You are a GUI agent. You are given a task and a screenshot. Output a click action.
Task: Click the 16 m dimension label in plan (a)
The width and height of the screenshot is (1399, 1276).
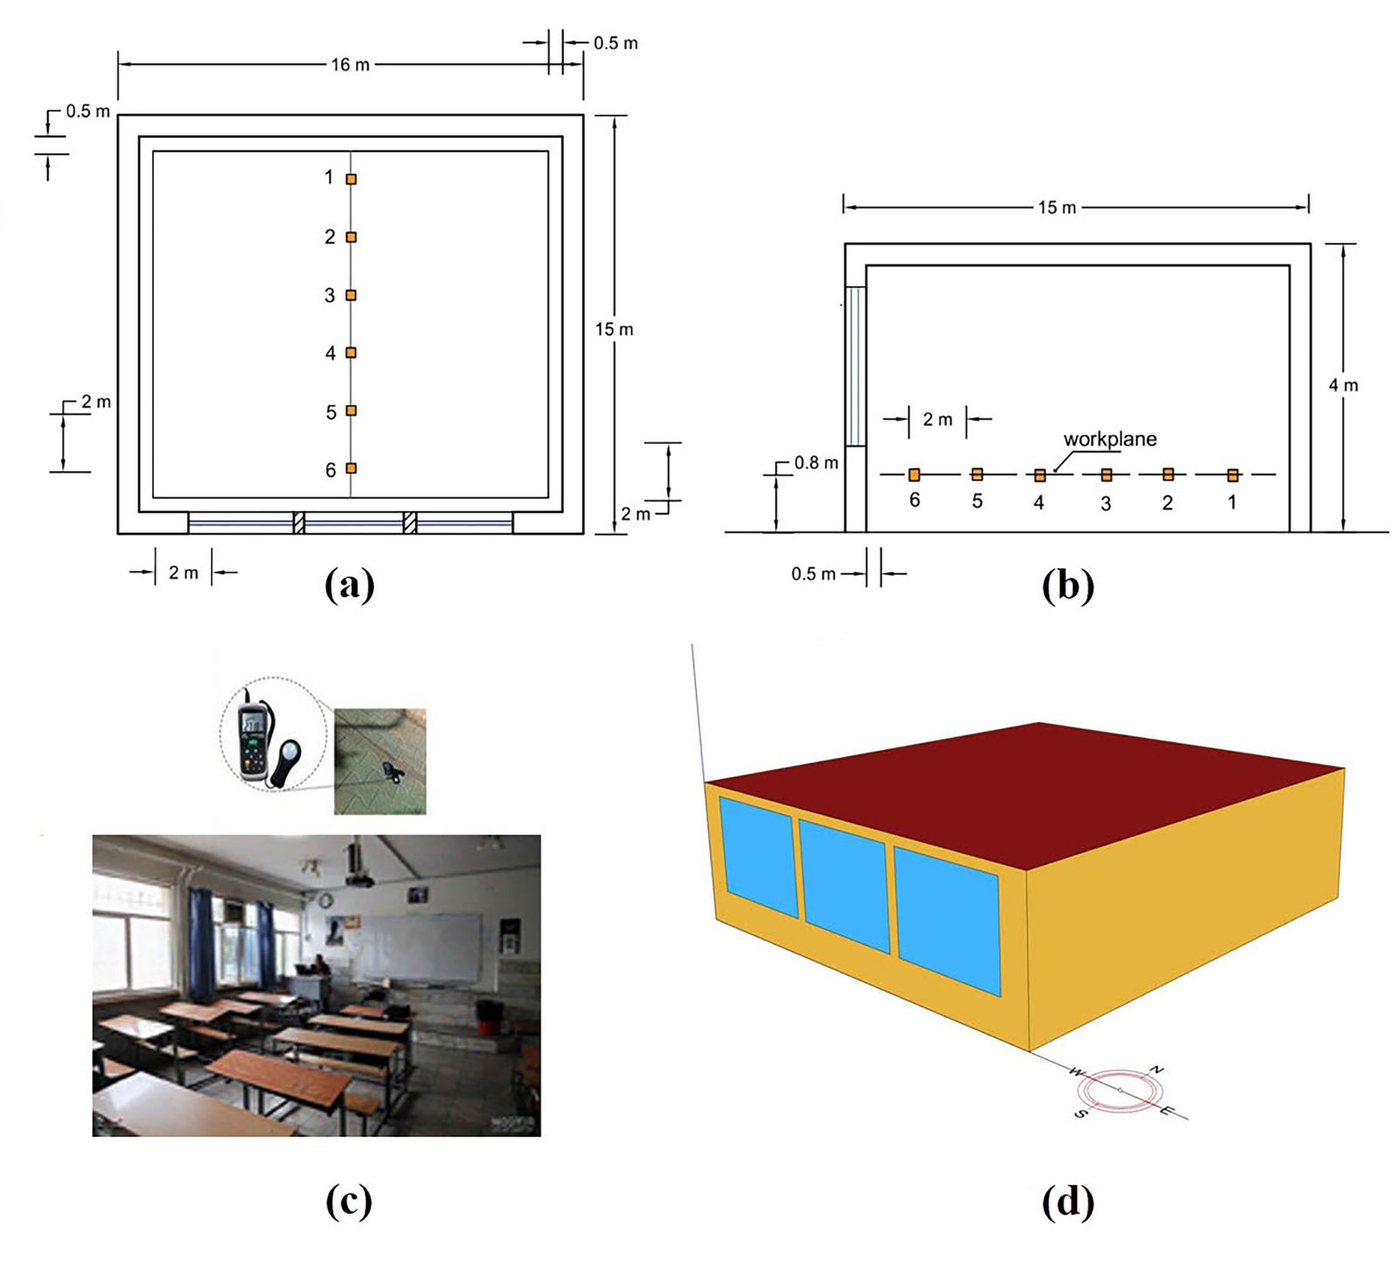point(350,65)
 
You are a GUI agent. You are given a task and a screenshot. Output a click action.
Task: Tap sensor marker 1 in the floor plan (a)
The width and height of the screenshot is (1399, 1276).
point(351,179)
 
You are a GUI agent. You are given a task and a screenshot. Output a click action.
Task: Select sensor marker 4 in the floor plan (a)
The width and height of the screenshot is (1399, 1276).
point(351,352)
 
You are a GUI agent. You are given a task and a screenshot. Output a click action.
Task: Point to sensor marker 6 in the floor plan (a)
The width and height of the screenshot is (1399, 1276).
point(351,468)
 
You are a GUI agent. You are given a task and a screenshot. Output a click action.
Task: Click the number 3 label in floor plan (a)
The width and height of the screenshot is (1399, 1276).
point(330,295)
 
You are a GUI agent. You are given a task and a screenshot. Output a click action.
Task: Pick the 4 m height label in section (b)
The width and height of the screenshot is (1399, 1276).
point(1343,385)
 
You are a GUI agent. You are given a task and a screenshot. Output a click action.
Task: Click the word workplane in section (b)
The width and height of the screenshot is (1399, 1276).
point(1110,440)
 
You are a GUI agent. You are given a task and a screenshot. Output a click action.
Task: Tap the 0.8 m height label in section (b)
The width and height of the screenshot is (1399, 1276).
point(816,463)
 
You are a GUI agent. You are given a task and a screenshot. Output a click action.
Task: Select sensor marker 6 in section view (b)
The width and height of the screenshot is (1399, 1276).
point(914,475)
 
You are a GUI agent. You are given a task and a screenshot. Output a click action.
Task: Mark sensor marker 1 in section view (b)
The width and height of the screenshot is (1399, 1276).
point(1232,475)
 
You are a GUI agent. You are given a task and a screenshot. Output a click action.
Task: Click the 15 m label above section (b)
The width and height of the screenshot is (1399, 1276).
point(1056,208)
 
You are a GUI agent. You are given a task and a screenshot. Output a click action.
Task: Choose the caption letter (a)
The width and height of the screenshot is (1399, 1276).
point(349,585)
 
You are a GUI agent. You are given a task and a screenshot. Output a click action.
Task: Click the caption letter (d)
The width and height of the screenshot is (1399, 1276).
point(1068,1202)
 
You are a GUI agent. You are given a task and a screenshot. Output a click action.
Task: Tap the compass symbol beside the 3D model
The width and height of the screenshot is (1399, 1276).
point(1120,1090)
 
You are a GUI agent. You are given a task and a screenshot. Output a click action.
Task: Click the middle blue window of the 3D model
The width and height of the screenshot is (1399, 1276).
point(844,885)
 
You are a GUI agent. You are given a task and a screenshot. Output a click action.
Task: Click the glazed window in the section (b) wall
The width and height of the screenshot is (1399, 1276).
point(854,366)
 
